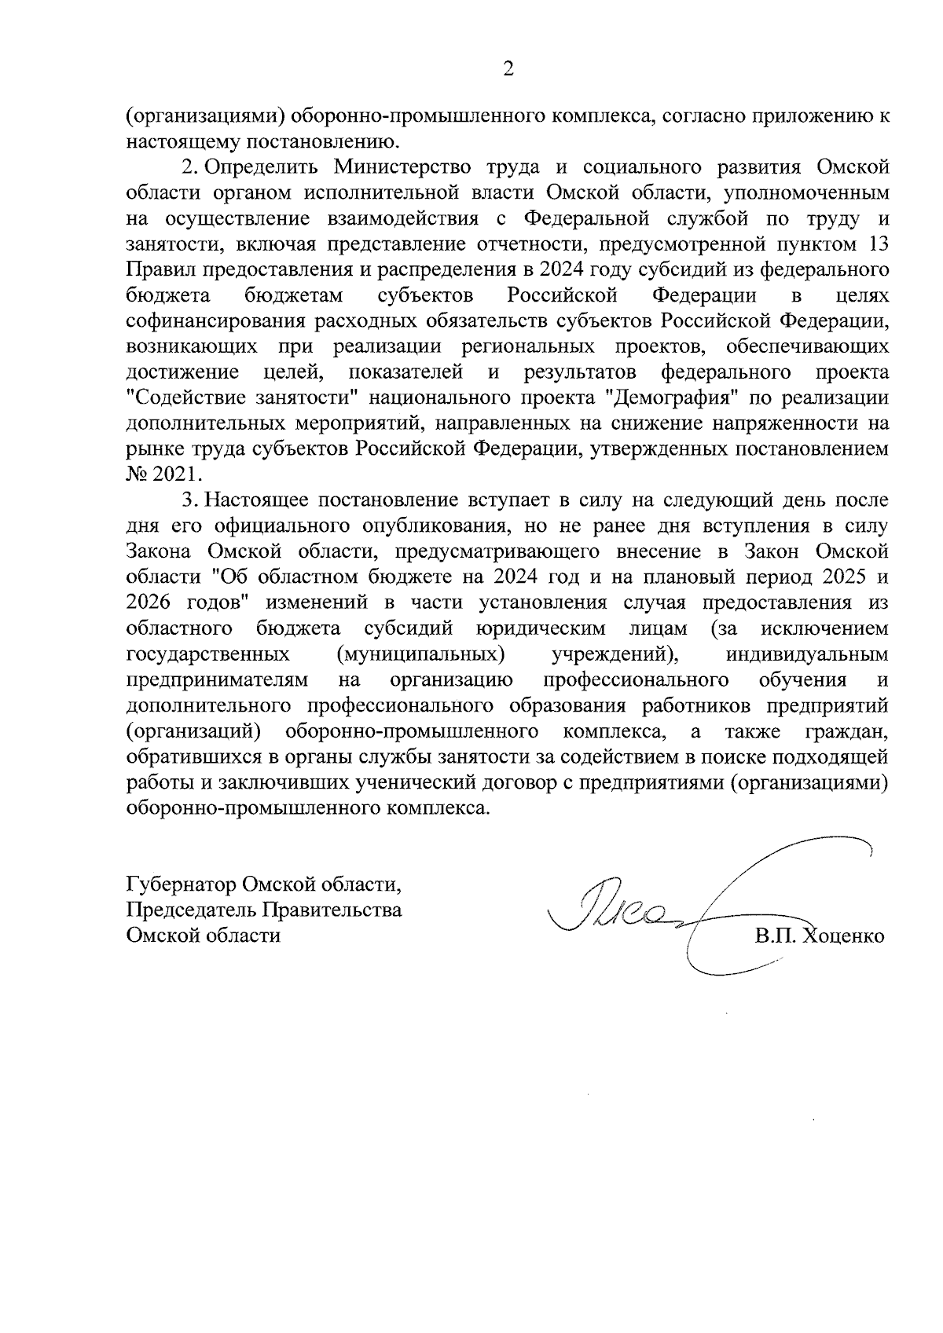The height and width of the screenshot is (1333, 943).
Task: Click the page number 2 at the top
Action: (x=508, y=70)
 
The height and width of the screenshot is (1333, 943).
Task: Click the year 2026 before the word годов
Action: (x=152, y=603)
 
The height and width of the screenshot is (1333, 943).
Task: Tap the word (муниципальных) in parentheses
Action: (x=420, y=654)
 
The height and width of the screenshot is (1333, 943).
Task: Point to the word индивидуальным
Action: (x=809, y=654)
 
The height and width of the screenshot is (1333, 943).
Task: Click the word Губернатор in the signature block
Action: (x=182, y=885)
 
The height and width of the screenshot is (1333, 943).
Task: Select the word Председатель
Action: (x=192, y=910)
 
